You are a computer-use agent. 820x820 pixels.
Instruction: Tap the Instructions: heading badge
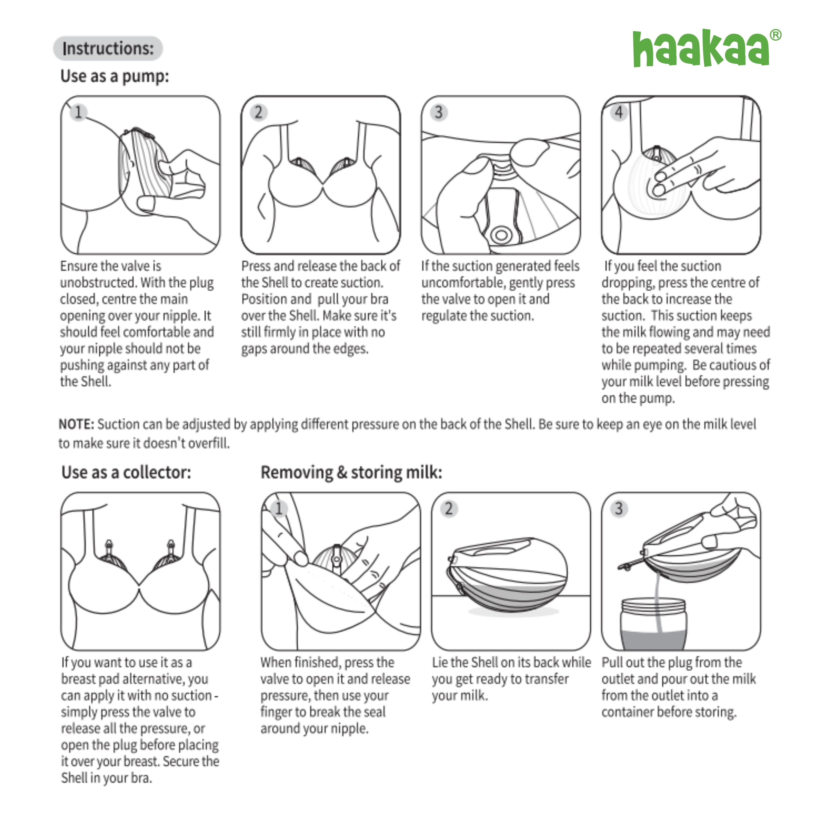108,48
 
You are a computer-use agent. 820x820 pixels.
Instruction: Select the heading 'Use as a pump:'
115,76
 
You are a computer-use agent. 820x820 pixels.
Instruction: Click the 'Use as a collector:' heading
126,472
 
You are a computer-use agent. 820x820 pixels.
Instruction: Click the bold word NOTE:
76,424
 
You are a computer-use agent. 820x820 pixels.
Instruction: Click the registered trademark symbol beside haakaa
776,35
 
